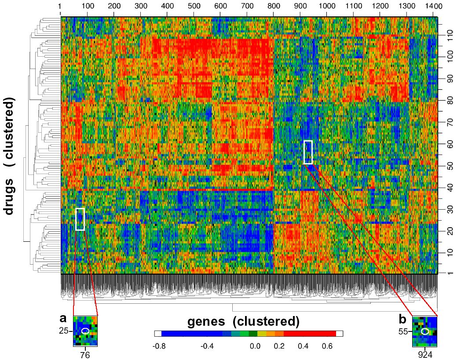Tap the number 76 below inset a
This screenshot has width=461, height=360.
tap(85, 355)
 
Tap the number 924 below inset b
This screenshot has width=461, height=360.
tap(425, 355)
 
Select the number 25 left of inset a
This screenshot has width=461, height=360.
tap(65, 331)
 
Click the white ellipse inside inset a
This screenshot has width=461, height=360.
tap(85, 331)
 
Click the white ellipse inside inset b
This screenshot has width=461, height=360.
tap(425, 331)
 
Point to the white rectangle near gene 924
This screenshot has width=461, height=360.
tap(308, 152)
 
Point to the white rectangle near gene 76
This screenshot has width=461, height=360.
tap(80, 219)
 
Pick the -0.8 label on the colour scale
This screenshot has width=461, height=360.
tap(158, 346)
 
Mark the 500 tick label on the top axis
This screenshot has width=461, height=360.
tap(194, 7)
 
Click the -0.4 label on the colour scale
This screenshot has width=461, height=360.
tap(207, 346)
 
